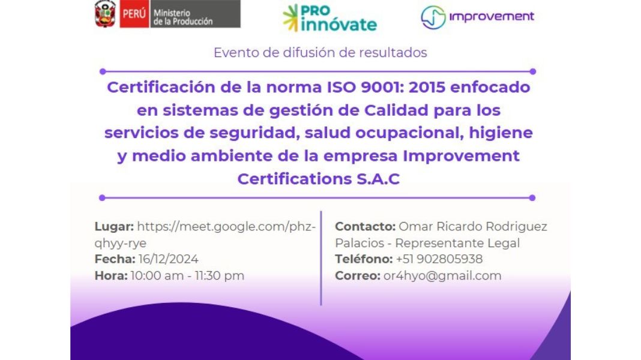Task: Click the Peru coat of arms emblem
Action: [105, 14]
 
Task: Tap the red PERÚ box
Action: [134, 14]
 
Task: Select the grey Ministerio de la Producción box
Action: [195, 14]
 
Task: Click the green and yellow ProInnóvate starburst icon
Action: [290, 18]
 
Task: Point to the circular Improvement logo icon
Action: [433, 17]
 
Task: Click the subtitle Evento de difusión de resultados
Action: [320, 53]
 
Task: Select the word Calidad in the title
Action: [396, 110]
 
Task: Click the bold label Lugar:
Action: [114, 227]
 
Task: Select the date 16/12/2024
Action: [168, 259]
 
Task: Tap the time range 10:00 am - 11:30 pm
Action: [187, 276]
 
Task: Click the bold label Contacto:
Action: [365, 226]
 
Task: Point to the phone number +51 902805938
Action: [439, 259]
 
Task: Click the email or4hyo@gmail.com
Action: [442, 276]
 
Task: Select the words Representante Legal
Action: [457, 243]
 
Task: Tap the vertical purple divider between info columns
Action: [321, 258]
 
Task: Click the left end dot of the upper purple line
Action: [103, 71]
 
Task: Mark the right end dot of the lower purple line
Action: [532, 198]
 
